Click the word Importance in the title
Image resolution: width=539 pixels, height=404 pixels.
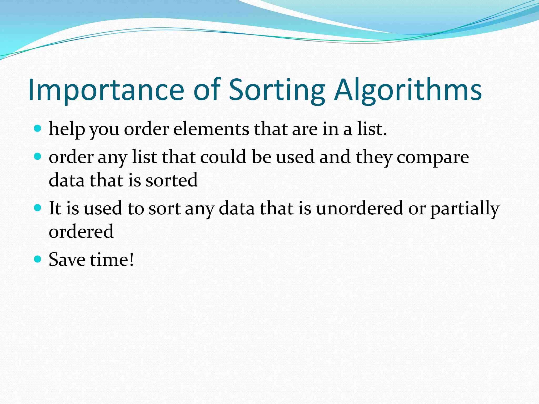(106, 90)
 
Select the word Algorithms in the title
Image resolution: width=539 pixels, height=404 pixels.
(408, 90)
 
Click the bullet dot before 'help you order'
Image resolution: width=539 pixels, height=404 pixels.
(38, 129)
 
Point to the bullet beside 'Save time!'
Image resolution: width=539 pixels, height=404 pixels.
(38, 259)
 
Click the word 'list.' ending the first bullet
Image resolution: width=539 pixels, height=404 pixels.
(372, 129)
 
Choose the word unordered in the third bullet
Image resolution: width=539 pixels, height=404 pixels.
(360, 208)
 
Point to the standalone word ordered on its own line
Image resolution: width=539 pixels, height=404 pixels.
(81, 231)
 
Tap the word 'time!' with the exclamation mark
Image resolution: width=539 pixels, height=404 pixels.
(112, 260)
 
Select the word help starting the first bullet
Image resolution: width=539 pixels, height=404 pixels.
(67, 130)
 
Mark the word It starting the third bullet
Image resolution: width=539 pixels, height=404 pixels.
(55, 208)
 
